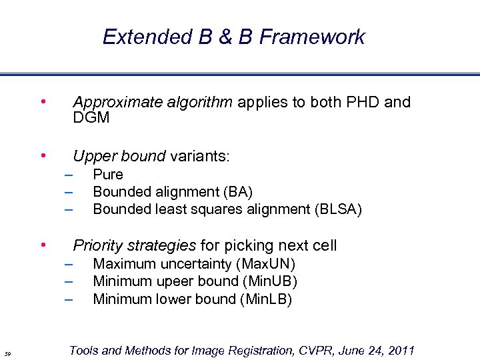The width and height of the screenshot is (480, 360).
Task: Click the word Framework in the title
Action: click(x=312, y=37)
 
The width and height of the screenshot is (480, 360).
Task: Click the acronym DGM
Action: click(x=91, y=118)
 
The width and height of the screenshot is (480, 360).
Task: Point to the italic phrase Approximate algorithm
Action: click(x=153, y=102)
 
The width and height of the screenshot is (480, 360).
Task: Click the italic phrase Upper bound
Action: click(x=119, y=156)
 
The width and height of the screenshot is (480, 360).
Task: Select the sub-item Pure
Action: click(x=108, y=175)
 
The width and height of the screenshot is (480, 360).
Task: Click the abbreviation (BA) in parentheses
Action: click(x=238, y=192)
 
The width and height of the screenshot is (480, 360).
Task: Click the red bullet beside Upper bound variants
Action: click(x=43, y=156)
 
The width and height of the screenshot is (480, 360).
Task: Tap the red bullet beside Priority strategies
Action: click(x=43, y=245)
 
